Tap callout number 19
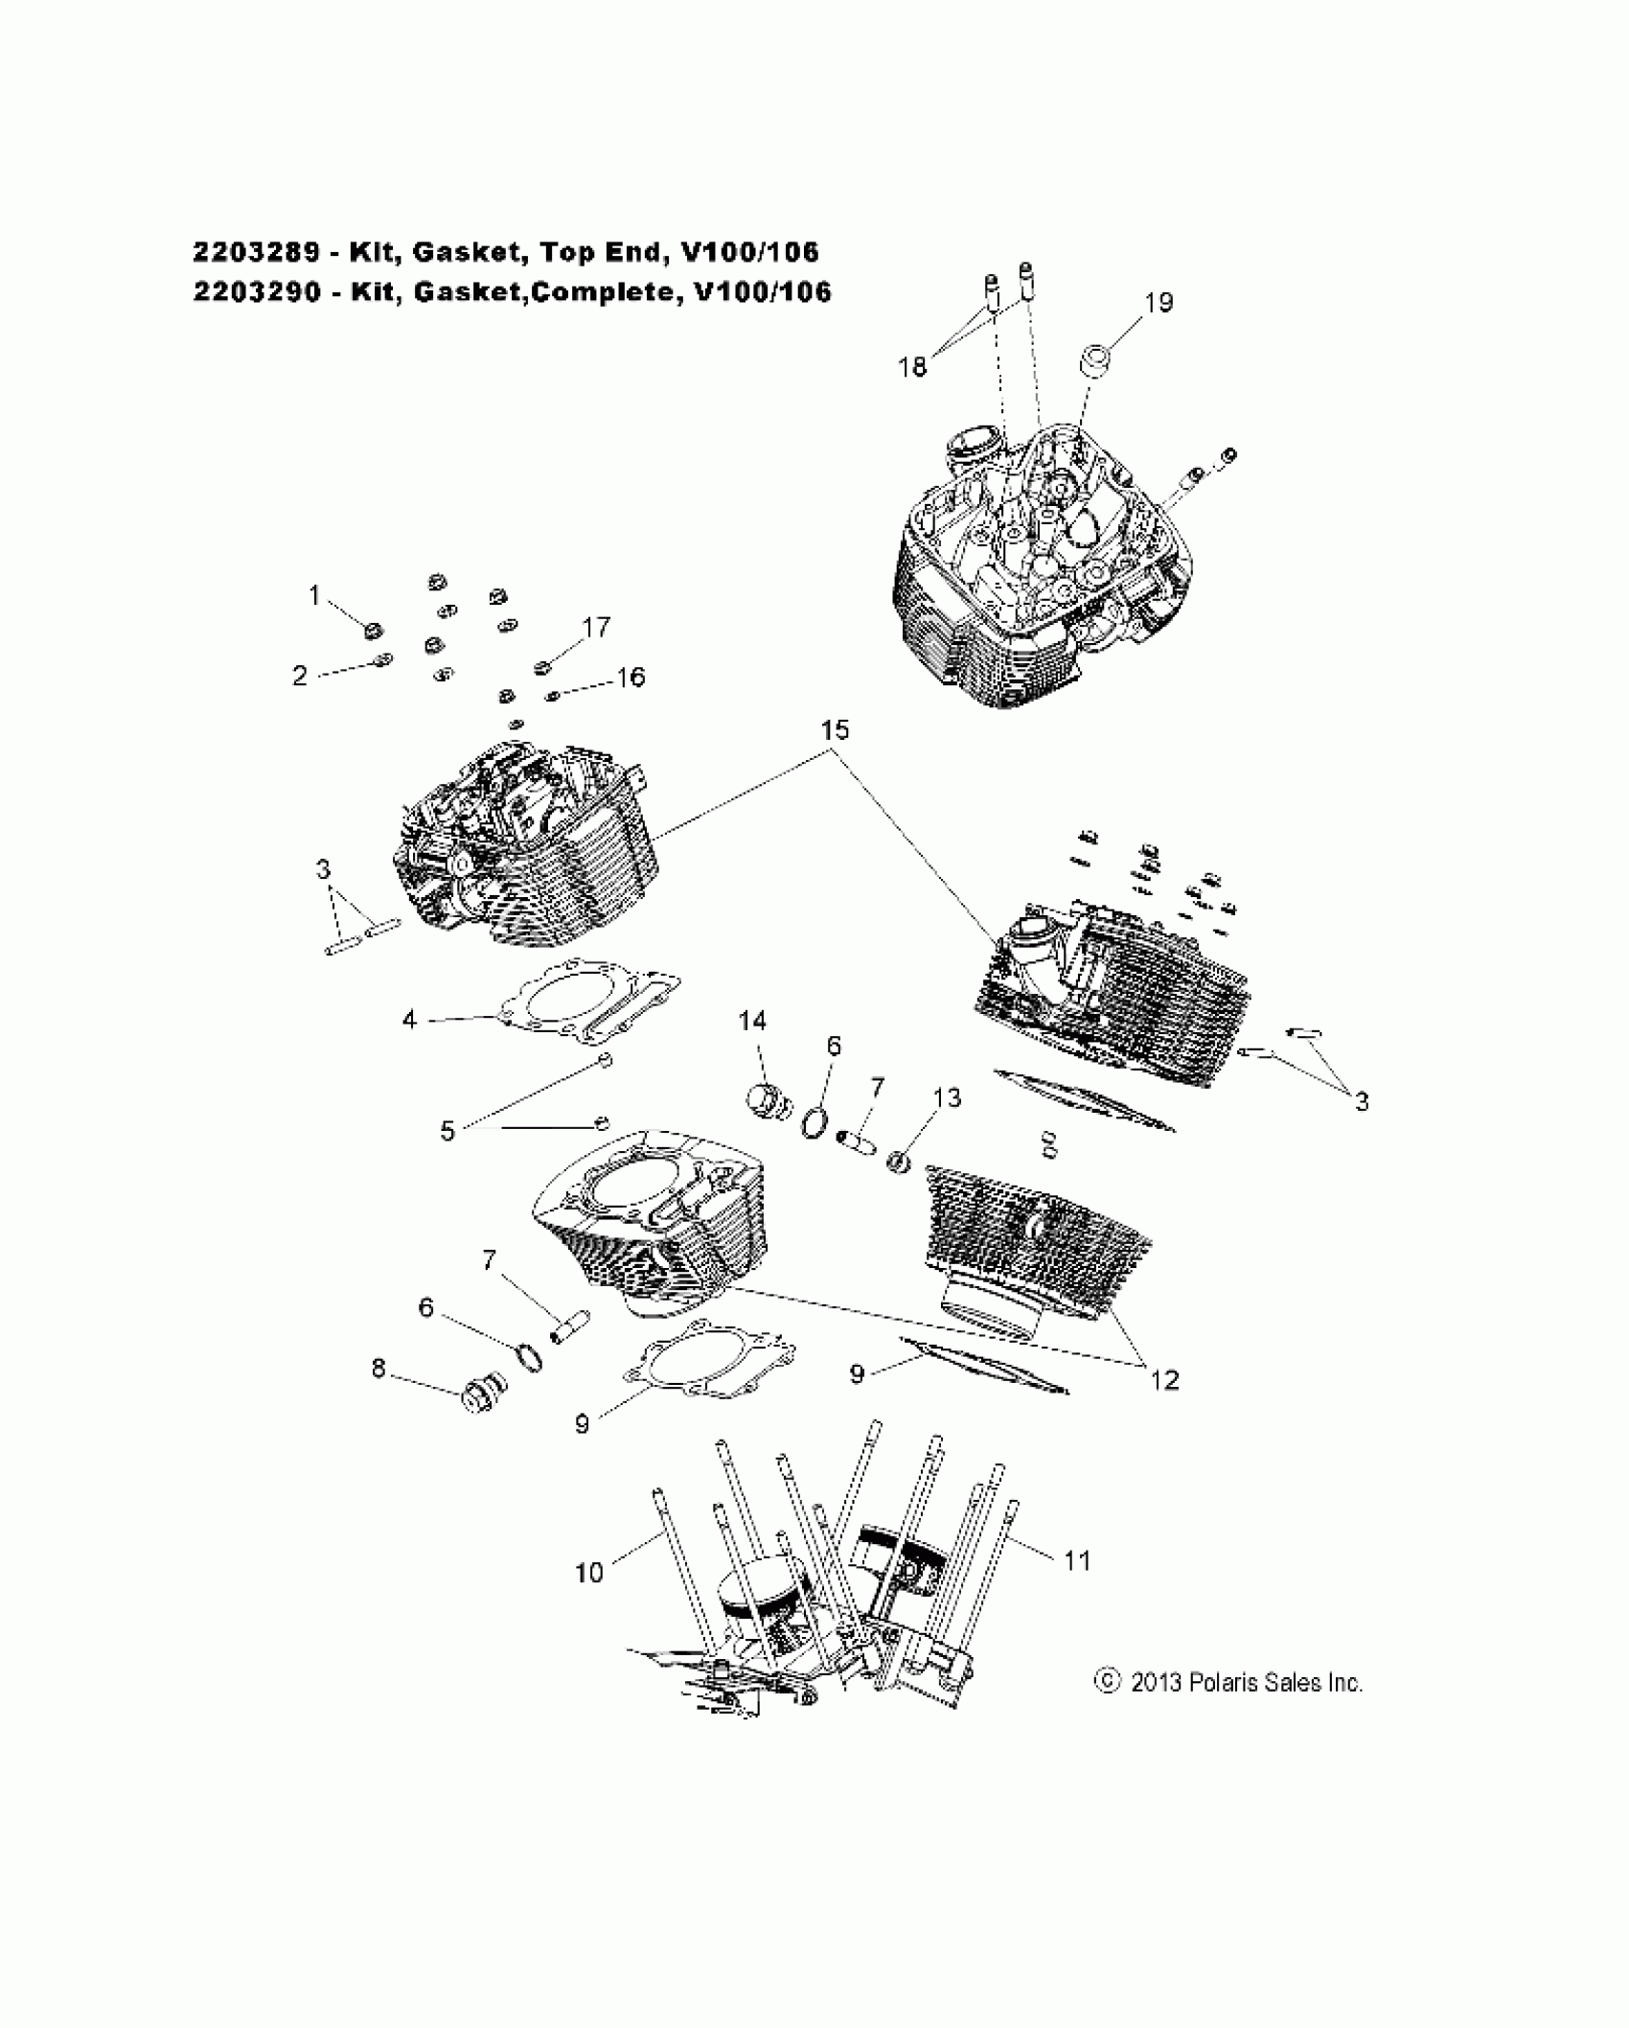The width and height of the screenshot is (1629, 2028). (1159, 302)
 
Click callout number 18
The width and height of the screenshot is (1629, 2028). (912, 367)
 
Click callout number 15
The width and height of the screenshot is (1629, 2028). (834, 730)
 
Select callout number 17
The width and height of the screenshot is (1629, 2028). (596, 627)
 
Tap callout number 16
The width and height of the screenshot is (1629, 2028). (631, 677)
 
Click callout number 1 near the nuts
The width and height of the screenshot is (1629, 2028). (314, 596)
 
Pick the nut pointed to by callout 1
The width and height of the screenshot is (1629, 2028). (374, 630)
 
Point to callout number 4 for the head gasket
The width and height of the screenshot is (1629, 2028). (409, 1020)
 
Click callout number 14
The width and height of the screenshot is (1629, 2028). (752, 1021)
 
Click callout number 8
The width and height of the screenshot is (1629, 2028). (379, 1369)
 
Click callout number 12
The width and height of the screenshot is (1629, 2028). (1164, 1380)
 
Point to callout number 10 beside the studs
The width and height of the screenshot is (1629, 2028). (589, 1573)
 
